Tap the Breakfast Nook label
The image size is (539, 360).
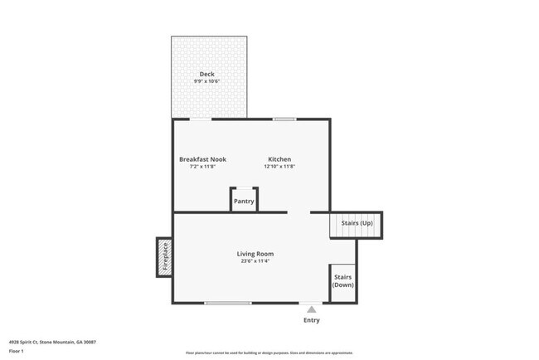click(202, 159)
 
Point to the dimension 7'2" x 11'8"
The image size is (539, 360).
click(202, 167)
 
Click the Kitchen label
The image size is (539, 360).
click(279, 159)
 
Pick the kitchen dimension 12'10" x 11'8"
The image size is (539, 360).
click(279, 167)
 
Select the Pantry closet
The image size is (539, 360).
click(244, 201)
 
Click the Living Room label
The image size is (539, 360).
click(255, 254)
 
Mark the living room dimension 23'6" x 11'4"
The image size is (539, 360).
click(255, 261)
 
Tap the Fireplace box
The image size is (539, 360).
click(164, 257)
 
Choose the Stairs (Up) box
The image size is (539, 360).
click(357, 225)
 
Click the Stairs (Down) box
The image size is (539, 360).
click(342, 281)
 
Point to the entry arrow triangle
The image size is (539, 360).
click(311, 309)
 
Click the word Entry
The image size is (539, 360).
click(311, 320)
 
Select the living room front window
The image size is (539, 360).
click(228, 303)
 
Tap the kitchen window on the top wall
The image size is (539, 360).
click(284, 119)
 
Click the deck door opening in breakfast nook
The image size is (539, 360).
click(201, 119)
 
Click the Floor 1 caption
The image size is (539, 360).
click(17, 351)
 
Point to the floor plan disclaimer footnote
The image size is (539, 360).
click(269, 353)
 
